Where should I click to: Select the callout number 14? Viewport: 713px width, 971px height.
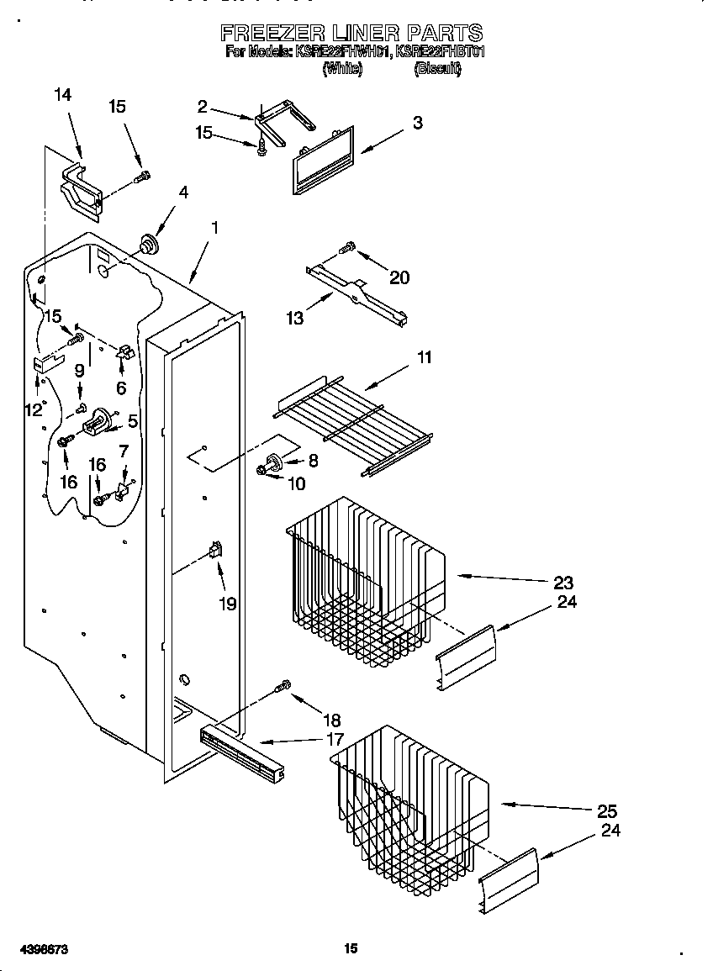62,95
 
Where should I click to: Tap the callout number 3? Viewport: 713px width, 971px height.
417,123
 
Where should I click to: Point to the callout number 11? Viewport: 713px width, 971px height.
425,357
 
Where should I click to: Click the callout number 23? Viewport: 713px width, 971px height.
563,583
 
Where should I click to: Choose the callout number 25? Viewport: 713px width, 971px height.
606,811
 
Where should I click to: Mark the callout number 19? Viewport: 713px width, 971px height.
227,604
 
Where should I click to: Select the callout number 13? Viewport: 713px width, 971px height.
294,318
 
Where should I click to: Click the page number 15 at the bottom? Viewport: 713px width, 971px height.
351,948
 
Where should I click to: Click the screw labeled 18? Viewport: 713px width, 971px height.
283,687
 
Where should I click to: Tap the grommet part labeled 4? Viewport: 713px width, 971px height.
149,244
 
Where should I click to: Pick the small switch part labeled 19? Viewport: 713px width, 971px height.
215,551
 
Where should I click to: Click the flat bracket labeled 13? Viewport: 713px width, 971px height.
357,294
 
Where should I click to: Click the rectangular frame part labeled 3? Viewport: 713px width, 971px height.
324,160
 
